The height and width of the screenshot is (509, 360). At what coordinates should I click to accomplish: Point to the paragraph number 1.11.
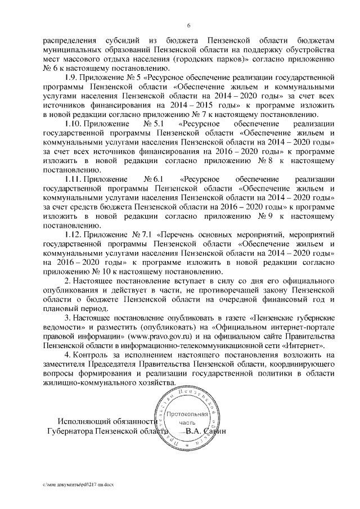point(74,178)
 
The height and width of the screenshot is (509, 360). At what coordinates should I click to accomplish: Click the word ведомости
point(61,336)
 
